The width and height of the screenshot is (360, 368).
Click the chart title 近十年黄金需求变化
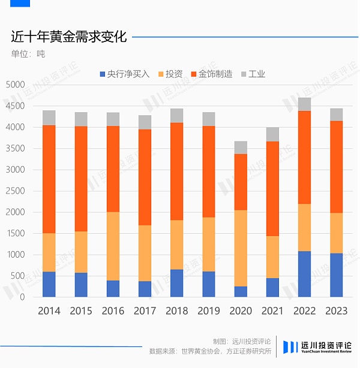tap(68, 37)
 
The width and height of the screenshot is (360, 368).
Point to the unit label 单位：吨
tap(28, 54)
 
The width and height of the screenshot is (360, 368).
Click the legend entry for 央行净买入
tap(125, 74)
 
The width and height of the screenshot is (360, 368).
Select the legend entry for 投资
tap(170, 74)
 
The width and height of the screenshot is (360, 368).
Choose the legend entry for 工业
tap(253, 74)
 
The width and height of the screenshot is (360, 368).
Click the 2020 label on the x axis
tap(240, 310)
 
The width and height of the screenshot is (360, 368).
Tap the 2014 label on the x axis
tap(49, 310)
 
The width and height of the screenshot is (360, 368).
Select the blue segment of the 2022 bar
tap(304, 274)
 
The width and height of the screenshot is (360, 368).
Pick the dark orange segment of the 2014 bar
tap(49, 179)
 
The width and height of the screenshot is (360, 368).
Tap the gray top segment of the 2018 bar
tap(176, 116)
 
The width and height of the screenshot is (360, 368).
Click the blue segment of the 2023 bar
tap(335, 275)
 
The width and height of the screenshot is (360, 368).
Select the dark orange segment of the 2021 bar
tap(272, 189)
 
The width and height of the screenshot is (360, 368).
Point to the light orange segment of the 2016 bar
tap(113, 246)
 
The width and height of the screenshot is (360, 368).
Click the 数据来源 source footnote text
tap(210, 351)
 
